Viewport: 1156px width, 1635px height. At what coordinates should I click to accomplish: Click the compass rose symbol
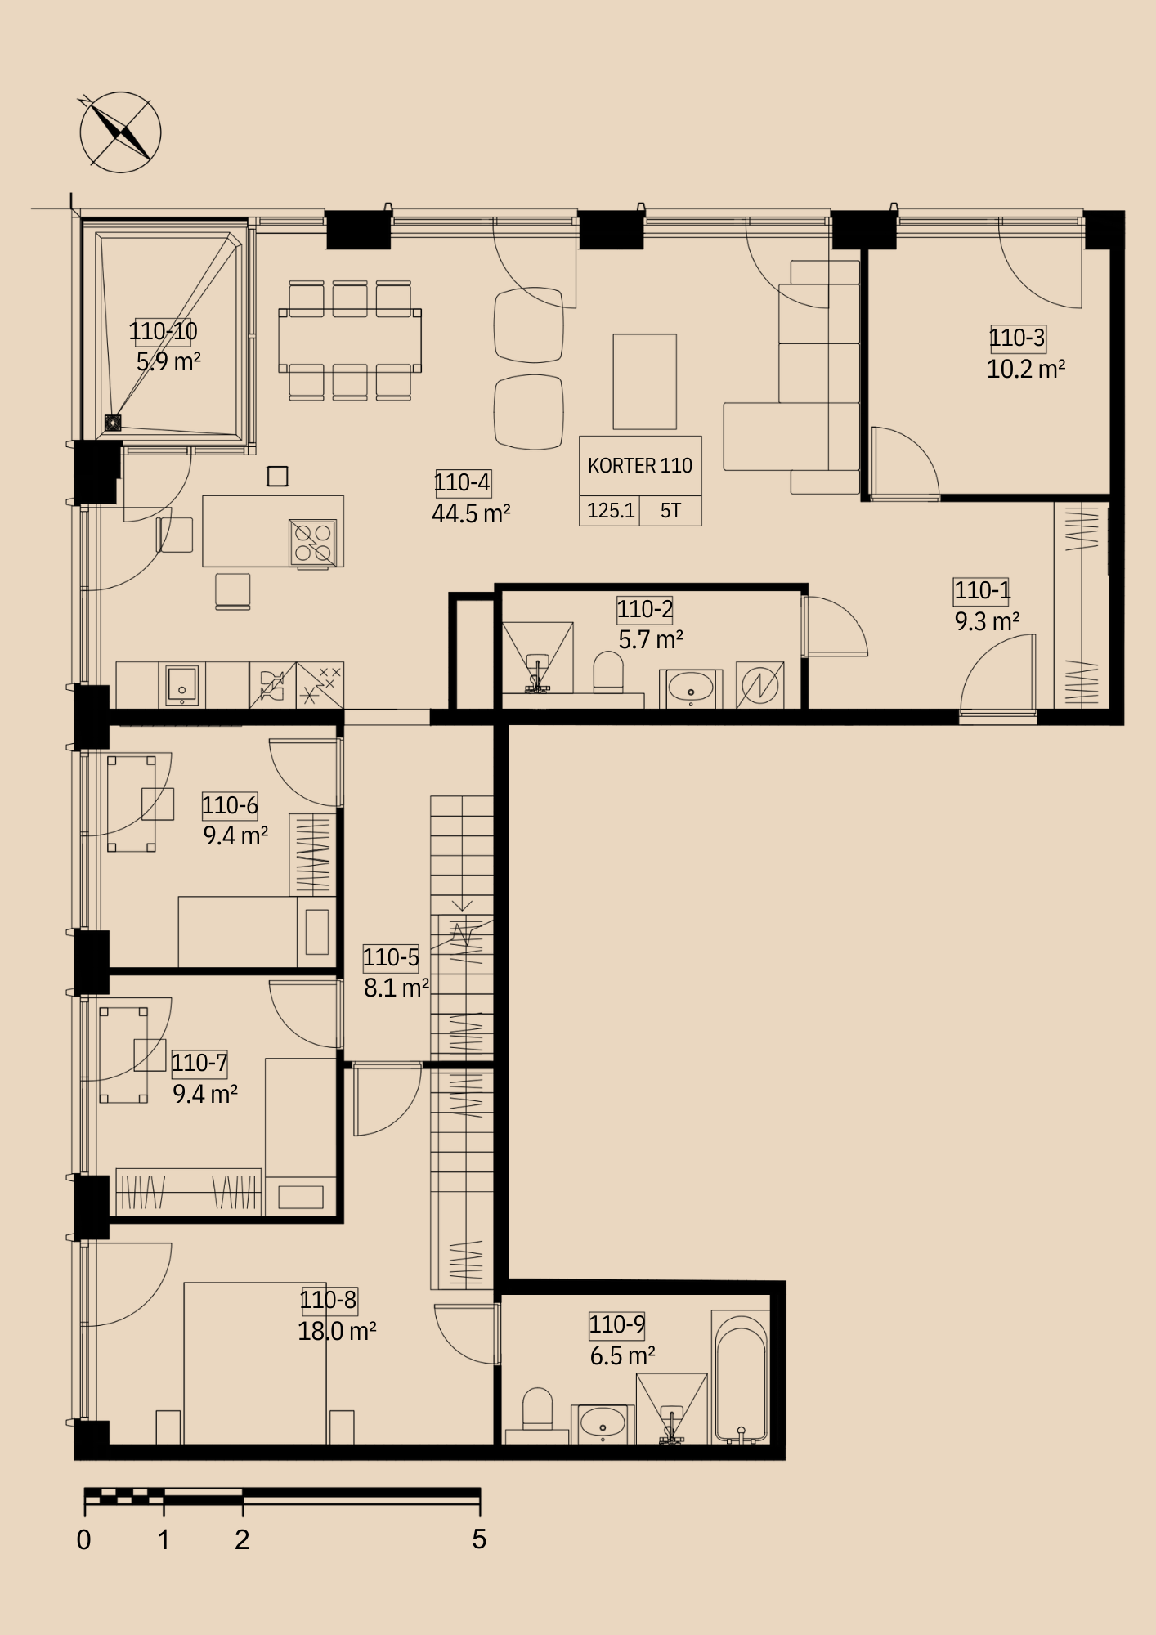click(120, 132)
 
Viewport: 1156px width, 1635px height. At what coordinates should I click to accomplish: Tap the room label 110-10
click(163, 331)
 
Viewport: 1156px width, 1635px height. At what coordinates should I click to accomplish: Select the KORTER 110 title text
click(640, 466)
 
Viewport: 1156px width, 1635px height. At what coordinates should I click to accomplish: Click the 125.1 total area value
click(611, 511)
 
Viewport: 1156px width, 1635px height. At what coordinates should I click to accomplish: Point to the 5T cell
click(670, 511)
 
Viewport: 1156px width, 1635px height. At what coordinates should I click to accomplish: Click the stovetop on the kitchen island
click(313, 543)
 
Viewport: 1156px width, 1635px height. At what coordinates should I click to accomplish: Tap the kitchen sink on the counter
click(182, 685)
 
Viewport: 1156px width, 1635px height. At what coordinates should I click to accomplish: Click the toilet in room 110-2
click(608, 673)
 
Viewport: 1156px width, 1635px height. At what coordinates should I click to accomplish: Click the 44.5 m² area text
click(471, 514)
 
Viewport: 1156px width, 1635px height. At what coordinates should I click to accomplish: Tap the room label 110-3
click(1017, 338)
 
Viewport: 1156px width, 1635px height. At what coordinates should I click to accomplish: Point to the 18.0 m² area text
click(337, 1332)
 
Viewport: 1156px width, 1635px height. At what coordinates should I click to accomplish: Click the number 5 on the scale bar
click(479, 1539)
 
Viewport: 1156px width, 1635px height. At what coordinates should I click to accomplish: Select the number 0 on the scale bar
click(83, 1539)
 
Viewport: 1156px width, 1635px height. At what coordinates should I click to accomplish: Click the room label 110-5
click(391, 957)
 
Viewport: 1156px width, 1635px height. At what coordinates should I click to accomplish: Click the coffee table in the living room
click(645, 382)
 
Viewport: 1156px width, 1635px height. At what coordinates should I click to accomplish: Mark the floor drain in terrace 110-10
click(113, 423)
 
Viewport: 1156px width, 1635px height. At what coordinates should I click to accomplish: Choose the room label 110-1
click(982, 590)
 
